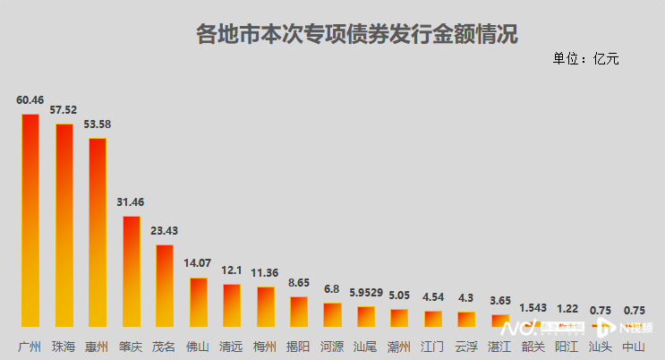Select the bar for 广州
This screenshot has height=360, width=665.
[x=30, y=220]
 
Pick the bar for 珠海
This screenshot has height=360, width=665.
[x=64, y=226]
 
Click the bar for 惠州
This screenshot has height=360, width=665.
[x=98, y=233]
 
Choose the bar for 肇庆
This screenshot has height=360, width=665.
[x=131, y=271]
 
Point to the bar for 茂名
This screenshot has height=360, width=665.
[x=165, y=286]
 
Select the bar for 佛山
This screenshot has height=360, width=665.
[x=198, y=302]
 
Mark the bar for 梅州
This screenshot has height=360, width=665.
[x=266, y=306]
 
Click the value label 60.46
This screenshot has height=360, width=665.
[x=30, y=99]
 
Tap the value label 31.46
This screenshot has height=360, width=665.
[x=131, y=202]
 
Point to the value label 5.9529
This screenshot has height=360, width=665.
[x=366, y=293]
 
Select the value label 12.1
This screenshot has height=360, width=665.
[x=232, y=270]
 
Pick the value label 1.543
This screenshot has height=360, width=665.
[x=534, y=308]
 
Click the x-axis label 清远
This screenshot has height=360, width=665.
[x=232, y=346]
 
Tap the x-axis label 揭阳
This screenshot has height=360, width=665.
[x=299, y=346]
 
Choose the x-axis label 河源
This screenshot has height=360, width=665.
[x=332, y=346]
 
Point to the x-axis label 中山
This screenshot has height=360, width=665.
[x=635, y=346]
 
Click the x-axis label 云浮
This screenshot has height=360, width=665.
[x=466, y=346]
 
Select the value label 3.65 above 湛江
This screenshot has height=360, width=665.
[x=500, y=301]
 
